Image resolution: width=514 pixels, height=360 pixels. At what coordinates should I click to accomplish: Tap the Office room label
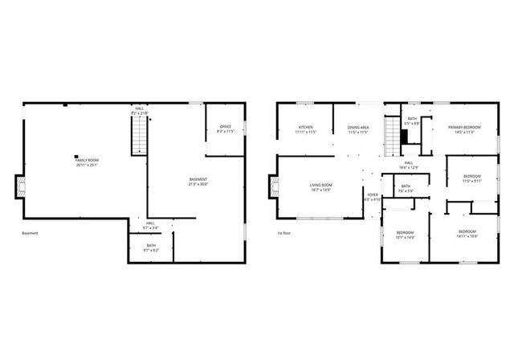point(225,129)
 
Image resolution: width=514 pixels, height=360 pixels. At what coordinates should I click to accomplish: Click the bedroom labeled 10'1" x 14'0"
point(404,235)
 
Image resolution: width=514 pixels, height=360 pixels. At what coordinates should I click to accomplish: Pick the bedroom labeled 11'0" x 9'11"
point(472,178)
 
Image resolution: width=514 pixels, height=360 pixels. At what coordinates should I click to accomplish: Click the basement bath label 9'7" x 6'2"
point(151,247)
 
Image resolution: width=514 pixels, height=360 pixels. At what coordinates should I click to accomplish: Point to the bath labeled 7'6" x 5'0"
point(406,189)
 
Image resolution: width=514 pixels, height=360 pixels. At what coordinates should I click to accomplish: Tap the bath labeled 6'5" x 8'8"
point(412,121)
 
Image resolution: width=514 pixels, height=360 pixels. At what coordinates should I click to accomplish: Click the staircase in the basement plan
point(141,135)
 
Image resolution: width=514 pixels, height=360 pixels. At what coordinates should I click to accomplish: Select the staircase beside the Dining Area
point(392,137)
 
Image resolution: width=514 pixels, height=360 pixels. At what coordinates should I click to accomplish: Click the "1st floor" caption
point(284,233)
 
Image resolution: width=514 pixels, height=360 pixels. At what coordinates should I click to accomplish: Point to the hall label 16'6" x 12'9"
point(408,166)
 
